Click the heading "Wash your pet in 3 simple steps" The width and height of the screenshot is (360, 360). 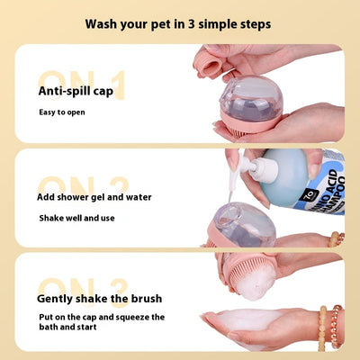click(178, 24)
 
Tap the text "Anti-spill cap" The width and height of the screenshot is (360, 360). click(76, 91)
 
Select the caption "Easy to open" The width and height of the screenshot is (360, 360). click(62, 112)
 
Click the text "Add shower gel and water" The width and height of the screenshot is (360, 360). click(94, 197)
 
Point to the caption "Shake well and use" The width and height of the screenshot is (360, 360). click(76, 218)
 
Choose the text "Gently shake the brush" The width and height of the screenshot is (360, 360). click(99, 299)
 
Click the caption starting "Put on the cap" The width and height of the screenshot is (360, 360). click(102, 322)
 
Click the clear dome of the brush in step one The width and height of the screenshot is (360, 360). click(251, 98)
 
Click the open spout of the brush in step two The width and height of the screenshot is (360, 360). click(229, 214)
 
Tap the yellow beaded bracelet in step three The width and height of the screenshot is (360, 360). click(322, 328)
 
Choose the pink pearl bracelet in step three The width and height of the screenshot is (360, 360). click(337, 327)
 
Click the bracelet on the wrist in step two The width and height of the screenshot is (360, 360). click(337, 239)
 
